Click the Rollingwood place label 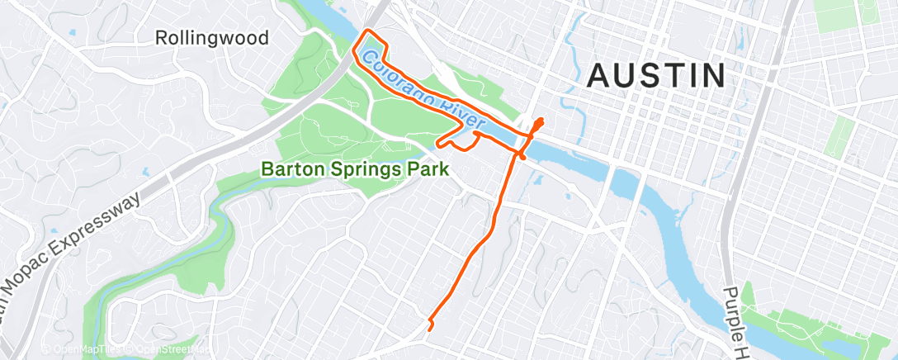(213, 38)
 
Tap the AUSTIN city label (656, 76)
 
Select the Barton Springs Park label (355, 169)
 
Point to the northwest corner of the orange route (363, 34)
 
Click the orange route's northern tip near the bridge (541, 121)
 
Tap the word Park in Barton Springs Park (429, 169)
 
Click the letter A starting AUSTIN (598, 76)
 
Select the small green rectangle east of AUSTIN (841, 136)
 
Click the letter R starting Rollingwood (163, 38)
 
